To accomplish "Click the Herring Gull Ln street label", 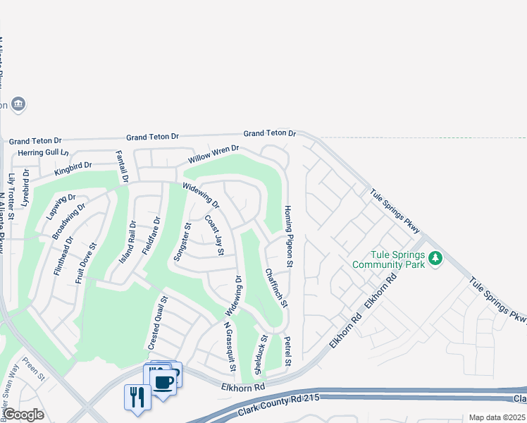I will point(44,152).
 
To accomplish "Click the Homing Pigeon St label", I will point(287,236).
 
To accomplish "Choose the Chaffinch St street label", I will point(276,288).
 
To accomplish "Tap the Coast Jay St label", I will point(214,235).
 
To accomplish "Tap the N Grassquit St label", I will point(229,348).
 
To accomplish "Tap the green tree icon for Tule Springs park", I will point(436,258).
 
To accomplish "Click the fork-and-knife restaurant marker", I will point(137,396).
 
